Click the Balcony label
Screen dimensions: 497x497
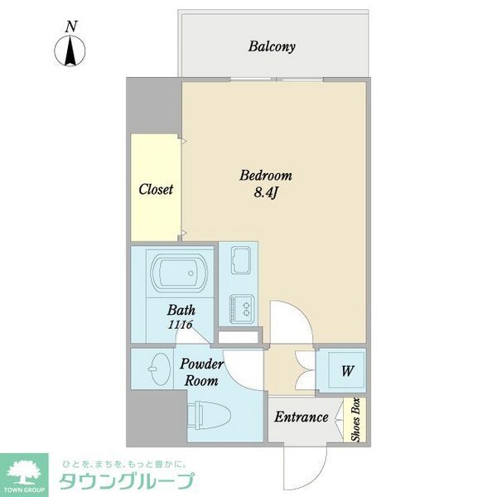coord(272,46)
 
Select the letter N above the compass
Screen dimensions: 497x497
coord(72,26)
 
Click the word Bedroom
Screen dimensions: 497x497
coord(265,176)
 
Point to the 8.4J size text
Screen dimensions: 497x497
coord(265,193)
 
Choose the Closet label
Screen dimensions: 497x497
coord(156,189)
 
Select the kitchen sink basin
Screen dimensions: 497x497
coord(239,260)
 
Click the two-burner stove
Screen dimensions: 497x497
coord(239,308)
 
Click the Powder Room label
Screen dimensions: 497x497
coord(200,373)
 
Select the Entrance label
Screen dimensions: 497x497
coord(301,417)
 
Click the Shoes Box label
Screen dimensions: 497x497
coord(355,421)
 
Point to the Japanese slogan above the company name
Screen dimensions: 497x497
coord(124,462)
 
